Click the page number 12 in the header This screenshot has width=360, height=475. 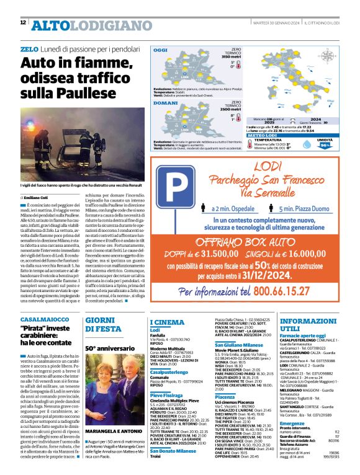click(x=23, y=22)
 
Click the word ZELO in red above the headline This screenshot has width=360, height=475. click(x=29, y=48)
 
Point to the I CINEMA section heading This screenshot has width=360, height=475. click(x=167, y=322)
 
